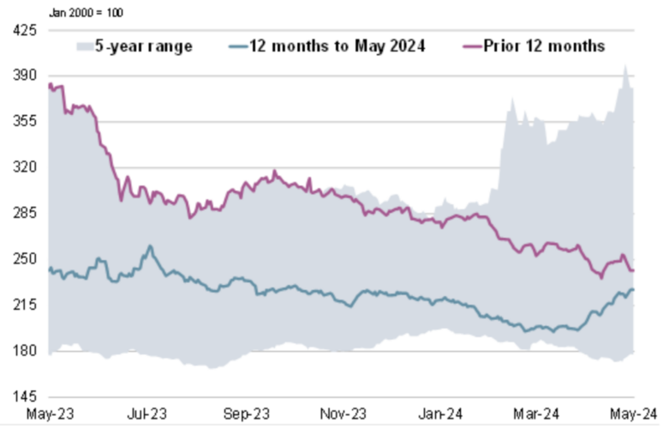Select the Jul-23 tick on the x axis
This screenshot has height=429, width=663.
pyautogui.click(x=147, y=416)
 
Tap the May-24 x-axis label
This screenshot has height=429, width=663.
pyautogui.click(x=634, y=416)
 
